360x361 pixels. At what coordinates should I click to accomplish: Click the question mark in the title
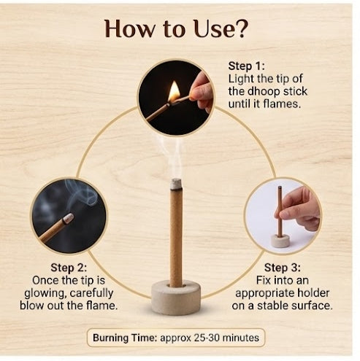point(242,28)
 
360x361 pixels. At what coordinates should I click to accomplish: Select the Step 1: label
point(246,66)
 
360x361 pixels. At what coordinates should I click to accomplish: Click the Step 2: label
point(69,268)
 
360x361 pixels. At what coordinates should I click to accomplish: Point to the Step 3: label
point(283,268)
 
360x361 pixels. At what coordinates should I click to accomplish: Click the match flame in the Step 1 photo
point(174,92)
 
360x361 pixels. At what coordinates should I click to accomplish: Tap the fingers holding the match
point(202,93)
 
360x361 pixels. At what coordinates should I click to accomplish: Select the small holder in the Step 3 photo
point(280,241)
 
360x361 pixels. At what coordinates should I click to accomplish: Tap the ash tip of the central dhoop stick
point(176,184)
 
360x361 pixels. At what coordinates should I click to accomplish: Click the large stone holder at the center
point(176,297)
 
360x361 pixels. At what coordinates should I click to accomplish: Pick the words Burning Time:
point(125,338)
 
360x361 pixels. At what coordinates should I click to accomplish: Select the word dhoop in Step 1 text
point(264,92)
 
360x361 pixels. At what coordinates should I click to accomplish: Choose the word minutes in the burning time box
point(241,338)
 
